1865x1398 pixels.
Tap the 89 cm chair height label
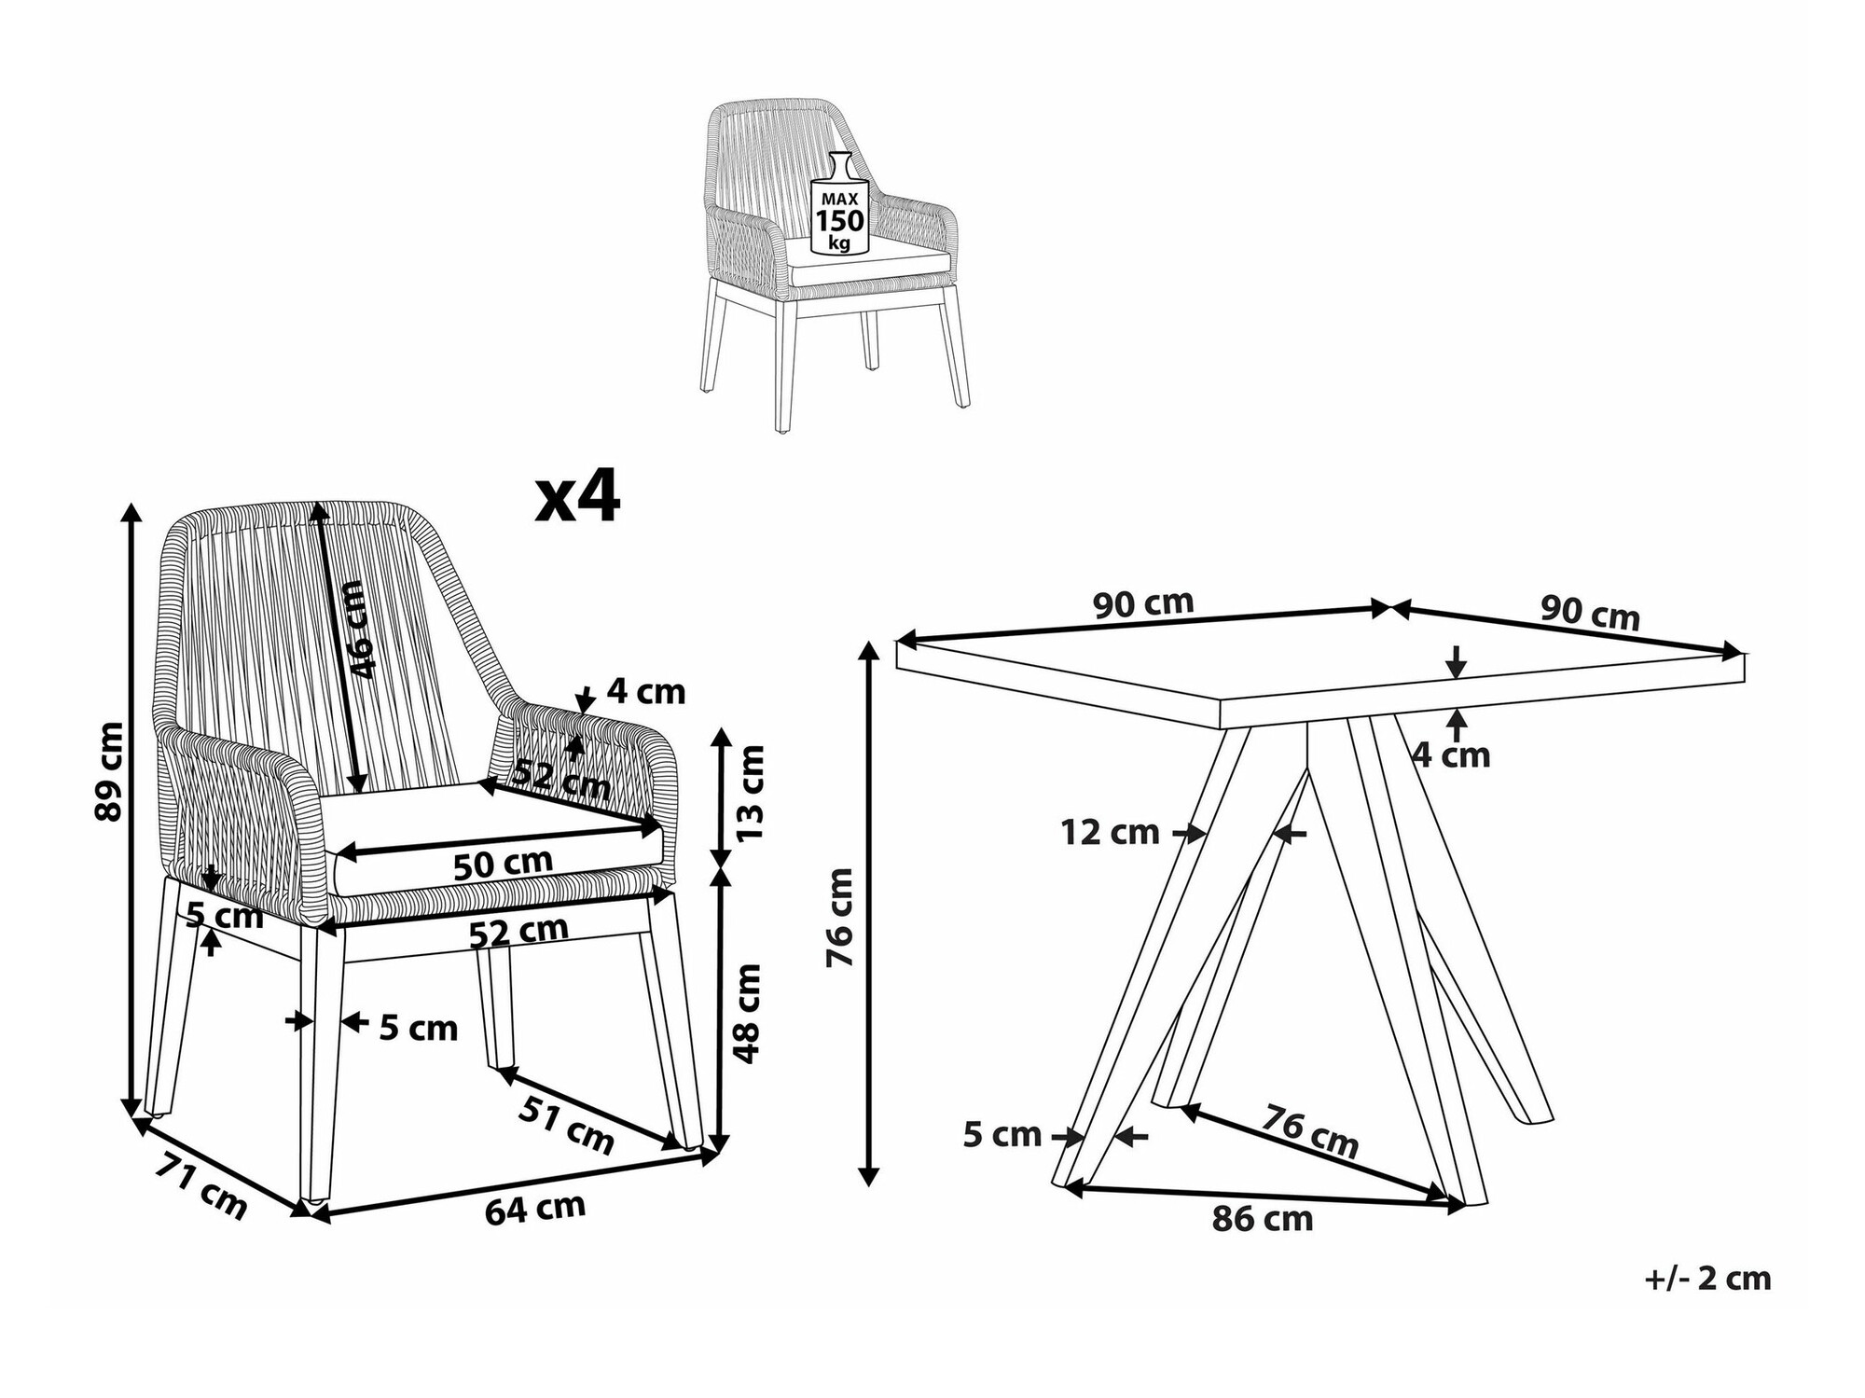coord(109,770)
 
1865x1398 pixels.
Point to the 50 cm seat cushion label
coord(503,864)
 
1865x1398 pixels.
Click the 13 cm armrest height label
coord(750,792)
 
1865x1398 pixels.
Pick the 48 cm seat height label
coord(748,1013)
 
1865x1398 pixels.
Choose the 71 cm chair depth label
coord(200,1186)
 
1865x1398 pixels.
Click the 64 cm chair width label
coord(535,1209)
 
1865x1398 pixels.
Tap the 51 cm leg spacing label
coord(566,1125)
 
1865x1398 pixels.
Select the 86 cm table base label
coord(1262,1219)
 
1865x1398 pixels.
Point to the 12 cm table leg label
coord(1110,832)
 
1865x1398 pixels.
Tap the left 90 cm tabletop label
coord(1143,603)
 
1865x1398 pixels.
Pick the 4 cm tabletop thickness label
coord(1451,754)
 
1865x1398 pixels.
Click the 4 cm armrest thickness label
coord(646,691)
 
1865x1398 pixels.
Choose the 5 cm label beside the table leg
coord(1002,1135)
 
